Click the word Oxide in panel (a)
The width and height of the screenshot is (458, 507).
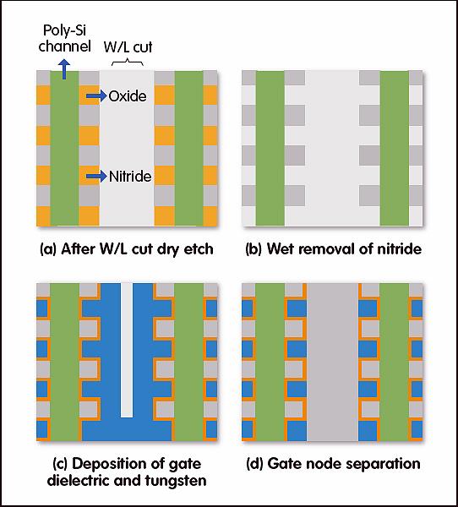click(128, 96)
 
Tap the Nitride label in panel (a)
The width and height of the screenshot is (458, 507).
click(130, 177)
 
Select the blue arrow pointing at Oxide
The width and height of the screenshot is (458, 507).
click(96, 96)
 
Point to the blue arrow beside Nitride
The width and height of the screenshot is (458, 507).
click(96, 177)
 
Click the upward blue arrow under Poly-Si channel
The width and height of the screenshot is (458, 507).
click(64, 69)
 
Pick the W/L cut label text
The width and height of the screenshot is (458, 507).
click(128, 46)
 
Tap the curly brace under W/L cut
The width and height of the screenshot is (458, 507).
click(128, 62)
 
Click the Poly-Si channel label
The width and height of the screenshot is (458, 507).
click(65, 38)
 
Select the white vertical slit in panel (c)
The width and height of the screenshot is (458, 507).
click(127, 350)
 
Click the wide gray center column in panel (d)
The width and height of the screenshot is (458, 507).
click(332, 363)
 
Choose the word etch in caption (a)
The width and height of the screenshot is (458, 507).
click(199, 249)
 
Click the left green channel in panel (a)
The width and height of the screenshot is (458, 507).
click(64, 148)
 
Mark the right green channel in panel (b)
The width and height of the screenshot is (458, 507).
click(395, 148)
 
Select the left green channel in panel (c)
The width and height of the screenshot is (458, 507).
click(64, 363)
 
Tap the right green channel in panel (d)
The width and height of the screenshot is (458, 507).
click(395, 363)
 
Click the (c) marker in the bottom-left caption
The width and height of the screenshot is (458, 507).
click(60, 464)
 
